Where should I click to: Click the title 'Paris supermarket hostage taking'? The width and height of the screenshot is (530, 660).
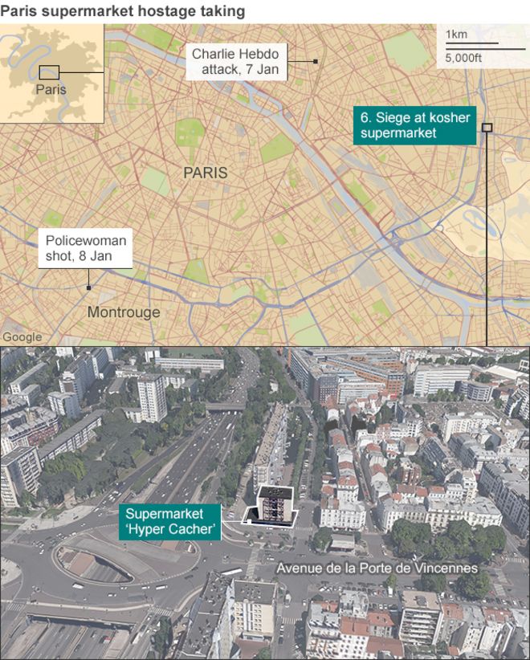[122, 10]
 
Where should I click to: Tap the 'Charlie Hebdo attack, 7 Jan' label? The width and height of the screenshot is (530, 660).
[234, 61]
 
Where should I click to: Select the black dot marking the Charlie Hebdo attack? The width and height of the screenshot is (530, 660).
[316, 61]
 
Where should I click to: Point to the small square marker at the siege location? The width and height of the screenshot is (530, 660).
[487, 127]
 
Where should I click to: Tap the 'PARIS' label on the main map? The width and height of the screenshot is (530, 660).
[205, 173]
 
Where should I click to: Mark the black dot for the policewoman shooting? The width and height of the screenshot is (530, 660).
[88, 287]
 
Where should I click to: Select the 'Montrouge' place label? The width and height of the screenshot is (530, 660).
[124, 312]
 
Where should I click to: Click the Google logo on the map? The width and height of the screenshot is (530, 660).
[22, 337]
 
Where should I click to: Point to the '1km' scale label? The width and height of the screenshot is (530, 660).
[456, 34]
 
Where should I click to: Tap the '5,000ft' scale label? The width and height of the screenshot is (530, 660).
[463, 57]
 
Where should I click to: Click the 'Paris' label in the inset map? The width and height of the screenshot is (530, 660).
[51, 89]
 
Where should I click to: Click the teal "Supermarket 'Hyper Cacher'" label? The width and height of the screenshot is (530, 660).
[170, 521]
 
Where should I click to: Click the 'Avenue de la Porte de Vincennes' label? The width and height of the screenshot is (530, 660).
[377, 568]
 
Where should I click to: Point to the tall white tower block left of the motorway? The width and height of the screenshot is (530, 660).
[151, 397]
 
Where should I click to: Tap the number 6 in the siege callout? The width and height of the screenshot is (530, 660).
[365, 117]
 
